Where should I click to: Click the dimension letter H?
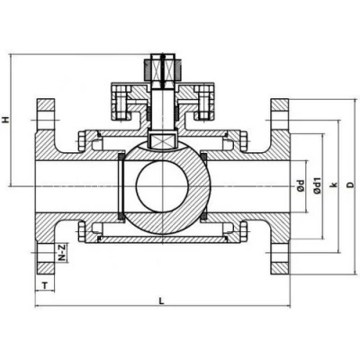tap(7, 119)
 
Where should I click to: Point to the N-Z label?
tap(60, 255)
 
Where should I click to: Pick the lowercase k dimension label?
tap(333, 186)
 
